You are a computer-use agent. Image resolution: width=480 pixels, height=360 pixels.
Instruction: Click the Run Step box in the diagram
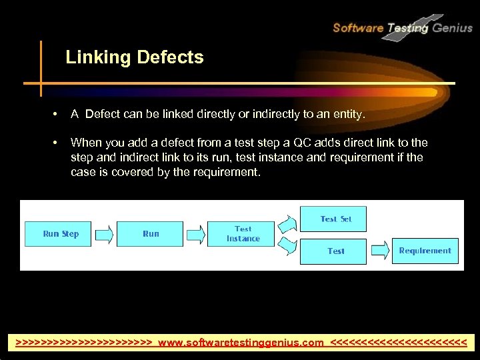pos(61,234)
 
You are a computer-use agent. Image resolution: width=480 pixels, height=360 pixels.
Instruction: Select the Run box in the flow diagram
pos(150,234)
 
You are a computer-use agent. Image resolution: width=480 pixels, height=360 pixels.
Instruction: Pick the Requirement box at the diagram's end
pos(425,251)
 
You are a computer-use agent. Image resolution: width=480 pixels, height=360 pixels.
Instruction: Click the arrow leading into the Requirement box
pos(379,251)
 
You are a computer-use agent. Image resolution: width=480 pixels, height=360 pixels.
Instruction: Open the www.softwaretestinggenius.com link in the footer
pos(241,343)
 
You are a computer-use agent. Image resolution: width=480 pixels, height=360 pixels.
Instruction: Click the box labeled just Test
pos(335,251)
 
